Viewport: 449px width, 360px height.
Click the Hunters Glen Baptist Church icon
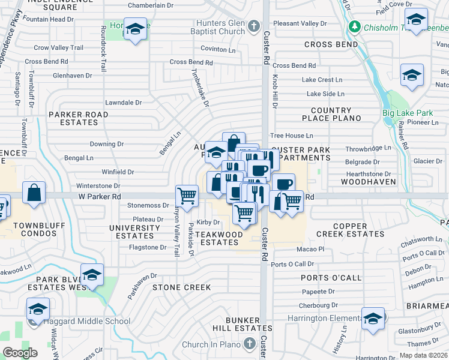tap(254, 25)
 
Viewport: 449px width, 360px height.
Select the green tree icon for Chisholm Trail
tap(355, 26)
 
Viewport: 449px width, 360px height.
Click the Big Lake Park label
tap(407, 113)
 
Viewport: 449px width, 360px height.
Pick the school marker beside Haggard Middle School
tap(38, 310)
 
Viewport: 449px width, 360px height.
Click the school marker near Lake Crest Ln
tap(411, 75)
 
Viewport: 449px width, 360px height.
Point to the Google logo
tap(20, 352)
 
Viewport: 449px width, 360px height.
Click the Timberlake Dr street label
tap(201, 91)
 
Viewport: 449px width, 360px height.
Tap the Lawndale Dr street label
tap(123, 103)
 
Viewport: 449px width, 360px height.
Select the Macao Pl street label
tap(310, 249)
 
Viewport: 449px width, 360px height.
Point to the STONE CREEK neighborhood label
tap(181, 287)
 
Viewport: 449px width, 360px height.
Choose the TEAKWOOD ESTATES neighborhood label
tap(219, 238)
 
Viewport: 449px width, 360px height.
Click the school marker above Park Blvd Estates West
tap(92, 275)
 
